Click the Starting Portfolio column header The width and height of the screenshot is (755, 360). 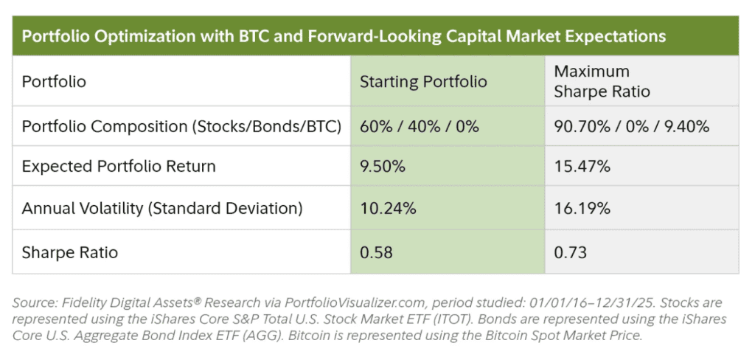coord(423,82)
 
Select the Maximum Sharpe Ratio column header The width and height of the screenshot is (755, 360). coord(602,82)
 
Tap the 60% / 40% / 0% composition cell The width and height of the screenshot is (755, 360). coord(419,126)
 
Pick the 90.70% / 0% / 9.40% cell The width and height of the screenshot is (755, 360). coord(631,126)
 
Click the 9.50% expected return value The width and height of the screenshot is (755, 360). coord(382,167)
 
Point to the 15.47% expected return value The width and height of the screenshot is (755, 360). coord(582,167)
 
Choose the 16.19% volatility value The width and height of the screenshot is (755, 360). coord(582,209)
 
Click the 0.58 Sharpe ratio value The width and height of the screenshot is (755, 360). coord(376,253)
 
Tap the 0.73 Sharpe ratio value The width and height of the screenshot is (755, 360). coord(570,253)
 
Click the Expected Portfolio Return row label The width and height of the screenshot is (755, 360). coord(119,167)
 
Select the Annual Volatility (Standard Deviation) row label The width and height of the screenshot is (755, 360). coord(162,209)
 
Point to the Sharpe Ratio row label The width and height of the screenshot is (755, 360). coord(70,253)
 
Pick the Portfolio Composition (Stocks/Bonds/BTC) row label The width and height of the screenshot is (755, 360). coord(181,126)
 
